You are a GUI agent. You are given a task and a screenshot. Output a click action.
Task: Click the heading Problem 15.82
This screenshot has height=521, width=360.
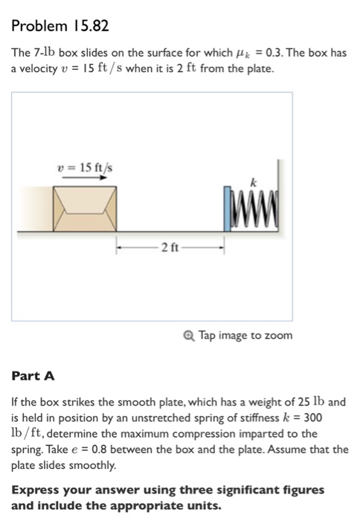coord(60,27)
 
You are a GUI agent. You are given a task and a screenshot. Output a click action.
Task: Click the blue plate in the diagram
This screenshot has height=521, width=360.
coord(228,211)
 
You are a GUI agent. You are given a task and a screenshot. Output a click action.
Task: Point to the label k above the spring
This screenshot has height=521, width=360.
coord(253,182)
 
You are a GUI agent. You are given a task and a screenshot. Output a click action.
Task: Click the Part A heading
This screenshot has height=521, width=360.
coord(33,377)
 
